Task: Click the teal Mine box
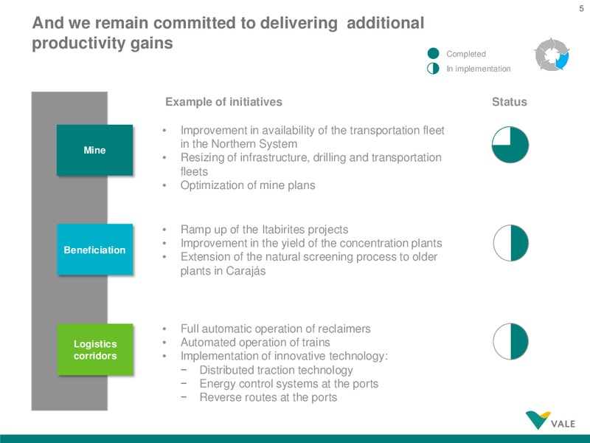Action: tap(95, 150)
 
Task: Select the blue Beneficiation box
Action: tap(95, 250)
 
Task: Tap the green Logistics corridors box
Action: tap(95, 349)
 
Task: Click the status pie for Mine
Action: tap(510, 145)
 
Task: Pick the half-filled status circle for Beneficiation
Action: tap(511, 243)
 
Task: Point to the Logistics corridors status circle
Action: tap(510, 341)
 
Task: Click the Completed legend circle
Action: tap(434, 53)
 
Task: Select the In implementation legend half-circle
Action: tap(433, 68)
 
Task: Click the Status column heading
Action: tap(510, 102)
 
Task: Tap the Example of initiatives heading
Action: tap(224, 102)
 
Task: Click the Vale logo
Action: tap(550, 420)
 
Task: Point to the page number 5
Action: tap(581, 8)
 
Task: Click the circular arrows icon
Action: tap(552, 55)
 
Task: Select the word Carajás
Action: tap(246, 271)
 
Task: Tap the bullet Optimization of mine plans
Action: tap(248, 185)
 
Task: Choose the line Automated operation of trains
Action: tap(255, 343)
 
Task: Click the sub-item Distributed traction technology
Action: tap(276, 370)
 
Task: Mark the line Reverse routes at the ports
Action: tap(268, 397)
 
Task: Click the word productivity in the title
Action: tap(79, 43)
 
